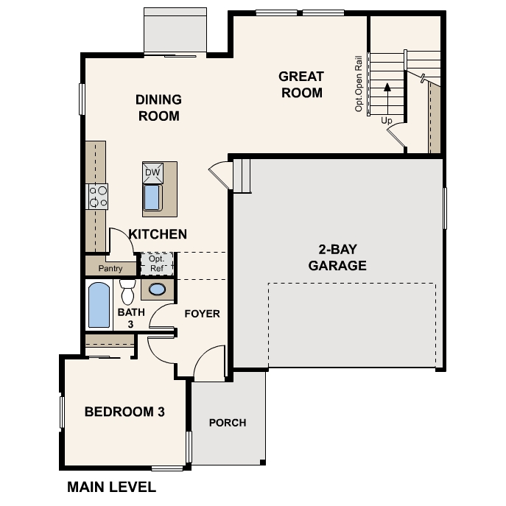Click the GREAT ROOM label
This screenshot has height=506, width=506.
coord(301,84)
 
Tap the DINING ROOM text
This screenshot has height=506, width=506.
coord(158,108)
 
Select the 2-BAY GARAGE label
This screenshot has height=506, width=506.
coord(337,258)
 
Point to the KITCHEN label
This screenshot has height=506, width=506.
coord(158,234)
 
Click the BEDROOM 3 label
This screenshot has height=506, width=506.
coord(124,412)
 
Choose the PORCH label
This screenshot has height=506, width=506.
coord(228,423)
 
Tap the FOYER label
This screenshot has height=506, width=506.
coord(202,314)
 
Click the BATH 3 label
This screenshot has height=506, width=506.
coord(126,317)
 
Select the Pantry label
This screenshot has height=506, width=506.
coord(110,269)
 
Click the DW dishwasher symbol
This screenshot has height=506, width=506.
coord(152,172)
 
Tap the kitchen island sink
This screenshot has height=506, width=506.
coord(152,197)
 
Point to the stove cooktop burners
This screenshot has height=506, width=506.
coord(98,195)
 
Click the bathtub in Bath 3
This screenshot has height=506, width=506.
coord(99,305)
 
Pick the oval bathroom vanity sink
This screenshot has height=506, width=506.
coord(158,289)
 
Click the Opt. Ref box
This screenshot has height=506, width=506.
coord(156,264)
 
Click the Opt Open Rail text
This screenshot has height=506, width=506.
coord(359,82)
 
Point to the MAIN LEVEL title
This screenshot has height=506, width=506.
coord(111,487)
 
